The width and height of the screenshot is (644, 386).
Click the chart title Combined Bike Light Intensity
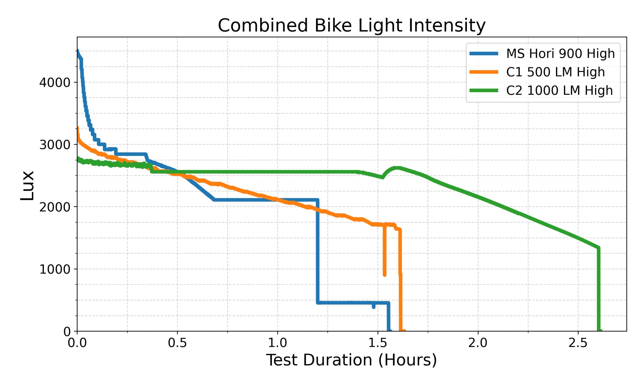click(x=351, y=25)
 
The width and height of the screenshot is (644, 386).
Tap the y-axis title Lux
click(x=27, y=185)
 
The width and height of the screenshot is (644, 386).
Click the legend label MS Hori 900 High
click(x=560, y=54)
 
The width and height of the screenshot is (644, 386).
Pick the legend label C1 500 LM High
click(x=555, y=72)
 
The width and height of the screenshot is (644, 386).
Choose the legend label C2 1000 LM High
click(x=559, y=90)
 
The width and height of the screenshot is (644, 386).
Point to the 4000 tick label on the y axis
click(x=51, y=82)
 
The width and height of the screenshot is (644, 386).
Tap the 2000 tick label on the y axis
click(x=51, y=207)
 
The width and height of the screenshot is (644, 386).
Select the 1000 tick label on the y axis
click(x=51, y=269)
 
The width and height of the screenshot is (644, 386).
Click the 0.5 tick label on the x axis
click(x=177, y=343)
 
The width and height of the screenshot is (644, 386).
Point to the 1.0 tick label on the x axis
click(x=277, y=343)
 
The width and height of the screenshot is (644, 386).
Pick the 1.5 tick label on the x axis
click(x=378, y=343)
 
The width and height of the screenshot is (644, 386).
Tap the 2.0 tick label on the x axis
click(x=478, y=343)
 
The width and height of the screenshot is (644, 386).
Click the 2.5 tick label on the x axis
click(x=578, y=343)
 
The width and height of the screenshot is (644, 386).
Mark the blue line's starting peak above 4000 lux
click(x=77, y=51)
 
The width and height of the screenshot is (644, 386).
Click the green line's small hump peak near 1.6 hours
click(x=397, y=168)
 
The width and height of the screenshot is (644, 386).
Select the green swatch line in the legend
click(x=484, y=90)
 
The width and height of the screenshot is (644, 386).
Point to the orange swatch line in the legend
click(x=484, y=72)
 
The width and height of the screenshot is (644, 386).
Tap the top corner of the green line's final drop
click(x=598, y=248)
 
